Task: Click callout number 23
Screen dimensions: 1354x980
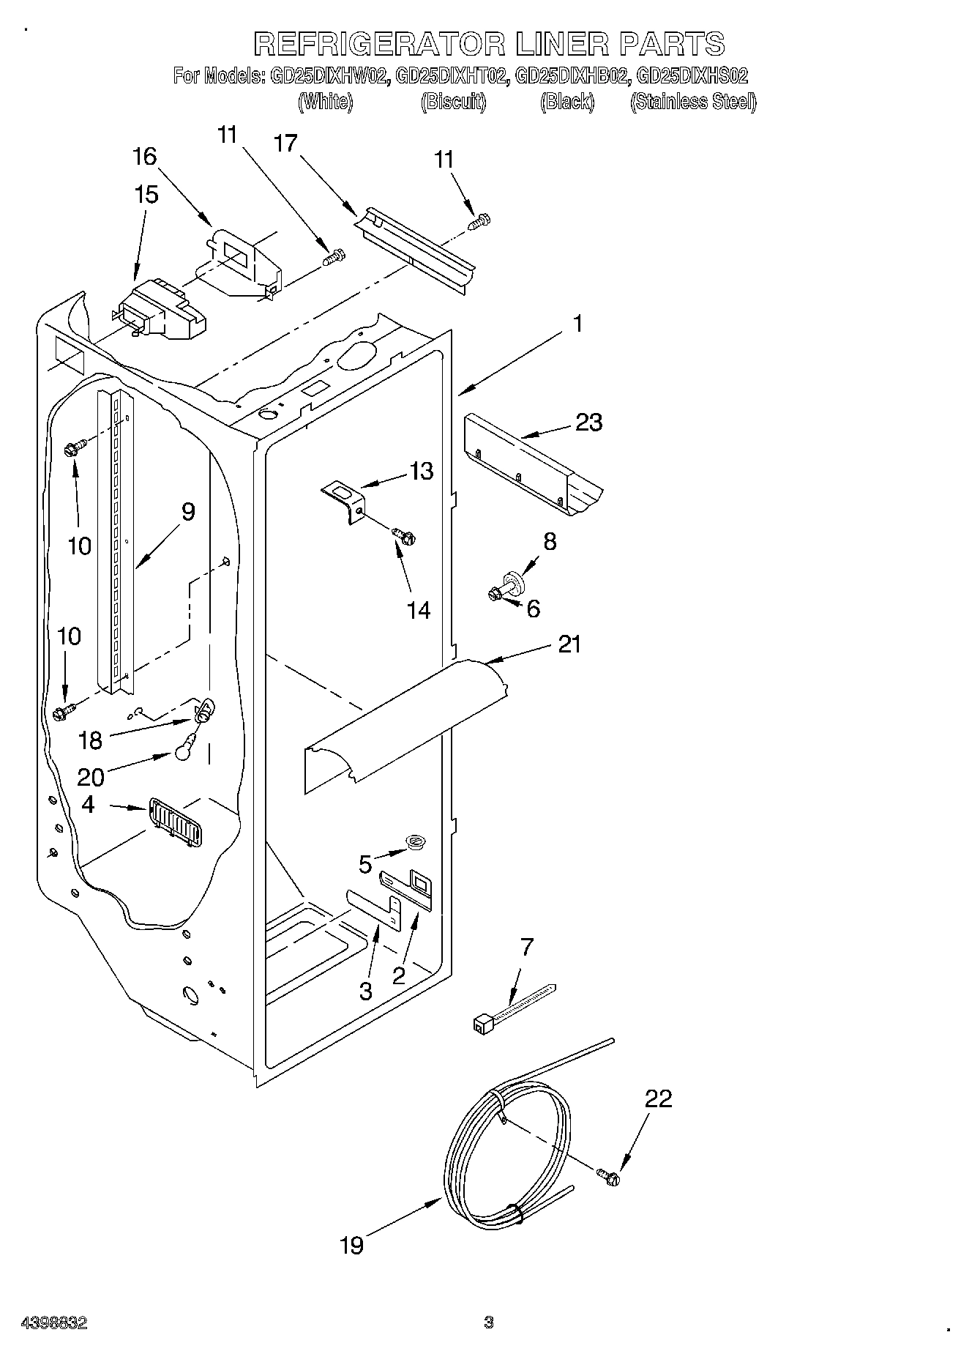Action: point(588,423)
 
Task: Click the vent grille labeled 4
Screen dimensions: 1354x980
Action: point(176,822)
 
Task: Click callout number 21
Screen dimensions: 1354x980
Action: point(569,644)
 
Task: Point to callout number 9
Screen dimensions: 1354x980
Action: point(188,512)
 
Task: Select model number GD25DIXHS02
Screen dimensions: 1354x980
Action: point(692,75)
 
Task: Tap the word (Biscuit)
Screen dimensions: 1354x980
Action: point(453,102)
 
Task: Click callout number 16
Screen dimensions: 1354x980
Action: point(145,156)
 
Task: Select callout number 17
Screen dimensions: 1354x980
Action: point(285,143)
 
